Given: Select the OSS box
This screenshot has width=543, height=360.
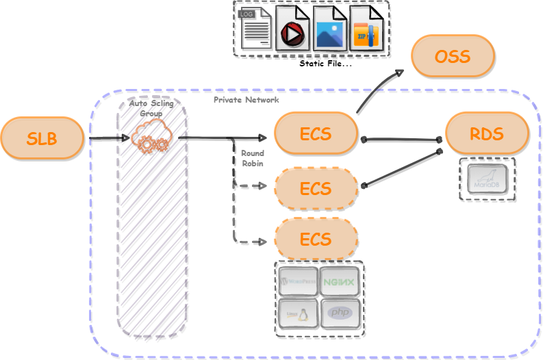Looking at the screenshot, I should click(453, 55).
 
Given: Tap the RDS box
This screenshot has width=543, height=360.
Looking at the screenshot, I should click(487, 133).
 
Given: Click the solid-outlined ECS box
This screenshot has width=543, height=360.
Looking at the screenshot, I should click(316, 133).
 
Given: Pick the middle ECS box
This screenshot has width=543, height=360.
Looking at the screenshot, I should click(316, 188).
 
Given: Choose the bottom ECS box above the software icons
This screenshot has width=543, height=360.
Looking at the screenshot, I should click(316, 240).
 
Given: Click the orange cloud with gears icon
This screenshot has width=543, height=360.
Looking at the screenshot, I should click(151, 138).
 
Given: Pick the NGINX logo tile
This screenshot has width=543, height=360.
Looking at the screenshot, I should click(340, 281).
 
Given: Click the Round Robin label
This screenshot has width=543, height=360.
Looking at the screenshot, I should click(252, 158).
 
